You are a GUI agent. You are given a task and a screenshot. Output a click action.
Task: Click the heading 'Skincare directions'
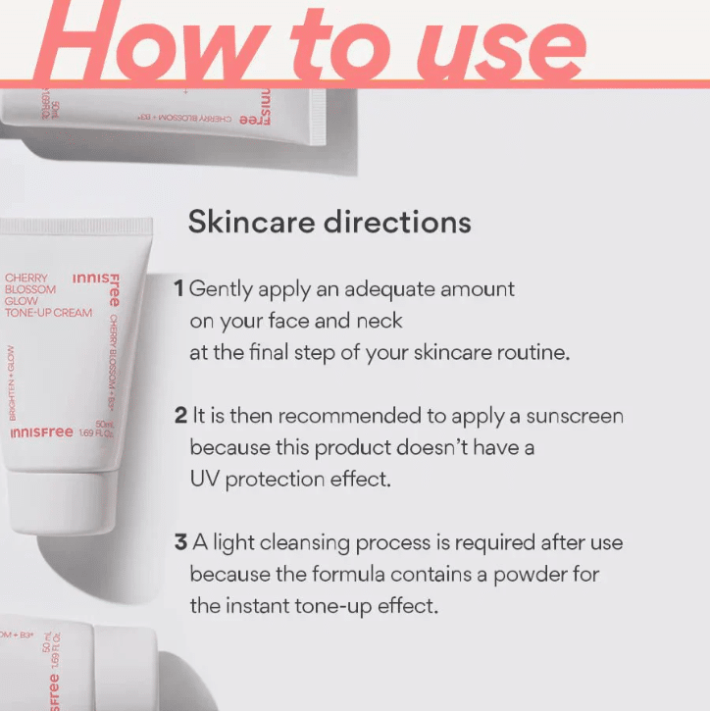329,222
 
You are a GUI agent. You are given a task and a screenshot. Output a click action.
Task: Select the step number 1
178,289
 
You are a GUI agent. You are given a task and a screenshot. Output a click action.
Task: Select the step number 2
180,416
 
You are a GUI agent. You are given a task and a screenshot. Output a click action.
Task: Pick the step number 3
180,542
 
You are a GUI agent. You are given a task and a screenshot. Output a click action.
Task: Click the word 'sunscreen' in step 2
574,416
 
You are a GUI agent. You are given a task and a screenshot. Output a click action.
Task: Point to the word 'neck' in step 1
379,322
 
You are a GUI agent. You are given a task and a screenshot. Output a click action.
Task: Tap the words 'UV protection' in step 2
257,480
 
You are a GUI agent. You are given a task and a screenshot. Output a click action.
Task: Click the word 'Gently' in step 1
220,289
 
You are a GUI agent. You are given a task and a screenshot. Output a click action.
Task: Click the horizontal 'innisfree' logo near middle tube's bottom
41,432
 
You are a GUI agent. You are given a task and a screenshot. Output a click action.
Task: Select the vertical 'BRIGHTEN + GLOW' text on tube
12,382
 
